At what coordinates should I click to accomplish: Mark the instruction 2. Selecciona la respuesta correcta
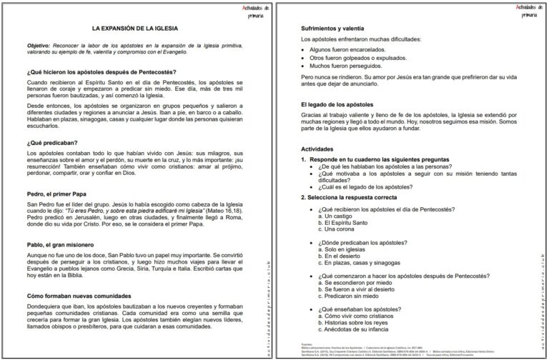pyautogui.click(x=359, y=196)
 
